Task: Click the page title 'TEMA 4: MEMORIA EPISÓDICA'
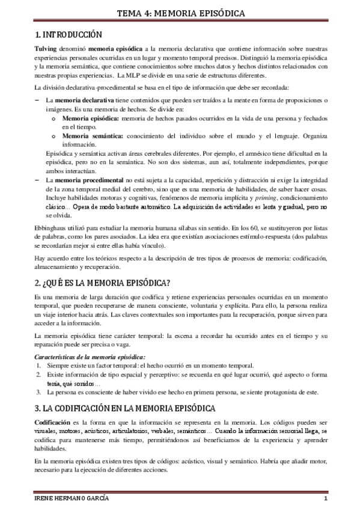point(180,12)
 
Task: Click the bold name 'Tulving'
point(47,48)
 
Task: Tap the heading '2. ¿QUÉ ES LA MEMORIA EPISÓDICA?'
point(102,283)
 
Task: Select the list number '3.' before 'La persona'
point(39,393)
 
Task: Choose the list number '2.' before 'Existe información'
point(39,375)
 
